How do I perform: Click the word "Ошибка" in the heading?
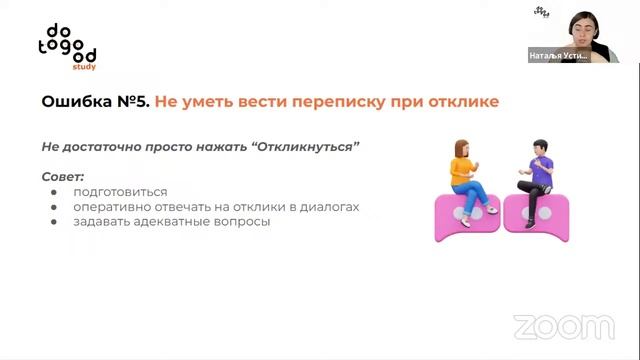coord(73,102)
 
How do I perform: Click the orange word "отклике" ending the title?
coord(462,102)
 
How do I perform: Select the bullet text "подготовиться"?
coord(120,192)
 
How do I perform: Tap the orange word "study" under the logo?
coord(85,67)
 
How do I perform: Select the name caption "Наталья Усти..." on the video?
coord(559,57)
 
